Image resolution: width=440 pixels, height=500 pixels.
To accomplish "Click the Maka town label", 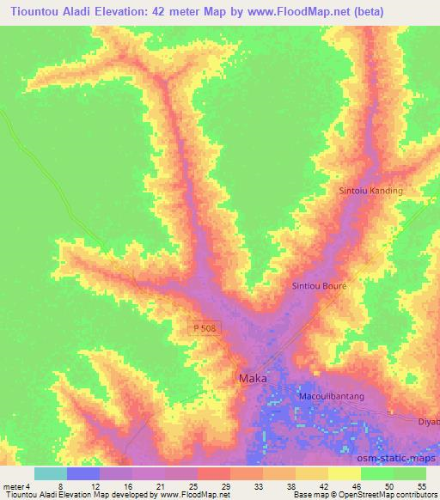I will click(x=252, y=378).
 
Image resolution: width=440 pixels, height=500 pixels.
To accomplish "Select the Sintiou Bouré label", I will click(x=319, y=286).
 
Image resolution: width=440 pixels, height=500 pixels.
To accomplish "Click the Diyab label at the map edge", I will click(x=428, y=422).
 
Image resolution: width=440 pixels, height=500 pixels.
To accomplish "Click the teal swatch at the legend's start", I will click(x=50, y=473).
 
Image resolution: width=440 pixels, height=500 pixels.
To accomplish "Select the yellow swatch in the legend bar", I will click(x=344, y=473).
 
